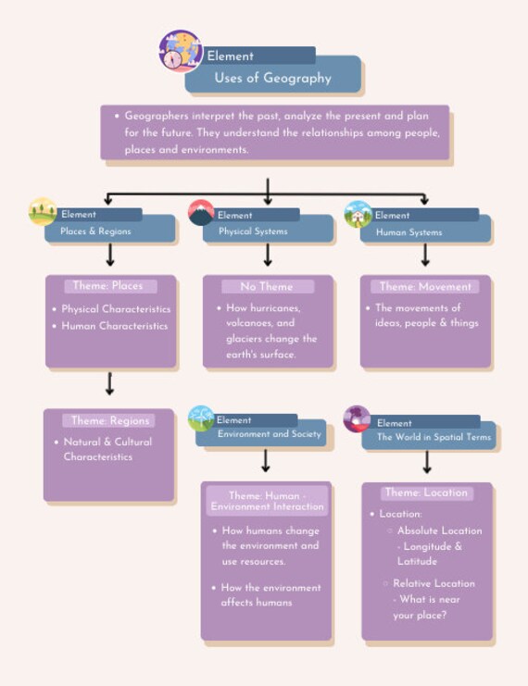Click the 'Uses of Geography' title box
(x=272, y=79)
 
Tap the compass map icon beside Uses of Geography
(x=181, y=52)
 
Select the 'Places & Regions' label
(x=95, y=231)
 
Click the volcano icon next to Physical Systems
(x=202, y=213)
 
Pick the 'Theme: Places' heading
(x=108, y=286)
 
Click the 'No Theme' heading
(x=267, y=287)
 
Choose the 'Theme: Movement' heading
(x=425, y=287)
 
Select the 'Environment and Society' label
(x=269, y=433)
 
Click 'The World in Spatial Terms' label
(x=434, y=436)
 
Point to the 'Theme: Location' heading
(x=427, y=493)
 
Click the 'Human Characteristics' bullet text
(x=115, y=326)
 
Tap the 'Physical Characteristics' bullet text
(x=116, y=309)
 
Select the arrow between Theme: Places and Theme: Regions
(x=110, y=382)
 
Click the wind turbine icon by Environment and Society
(x=201, y=418)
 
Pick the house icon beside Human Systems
(x=358, y=214)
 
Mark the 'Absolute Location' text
(x=439, y=530)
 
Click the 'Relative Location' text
(x=434, y=583)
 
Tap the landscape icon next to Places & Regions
(x=43, y=211)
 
